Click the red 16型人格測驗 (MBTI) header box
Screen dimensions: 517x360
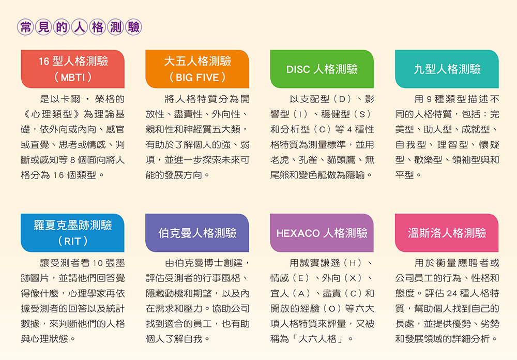tap(72, 69)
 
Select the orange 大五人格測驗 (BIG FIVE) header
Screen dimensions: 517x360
tap(197, 69)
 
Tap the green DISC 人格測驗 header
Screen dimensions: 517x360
tap(322, 69)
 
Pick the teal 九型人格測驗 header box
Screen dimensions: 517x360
tap(447, 69)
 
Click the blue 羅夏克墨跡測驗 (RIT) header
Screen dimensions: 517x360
tap(72, 233)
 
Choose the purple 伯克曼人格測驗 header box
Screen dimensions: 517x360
tap(197, 233)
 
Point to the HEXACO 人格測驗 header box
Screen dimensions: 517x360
tap(322, 233)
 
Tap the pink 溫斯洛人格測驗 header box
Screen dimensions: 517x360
tap(447, 233)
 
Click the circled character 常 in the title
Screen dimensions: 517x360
tap(25, 27)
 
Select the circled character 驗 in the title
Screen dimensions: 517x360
tap(133, 27)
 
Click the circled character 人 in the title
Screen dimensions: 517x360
tap(80, 27)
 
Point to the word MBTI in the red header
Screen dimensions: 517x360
tap(73, 78)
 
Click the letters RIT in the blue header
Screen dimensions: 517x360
tap(72, 242)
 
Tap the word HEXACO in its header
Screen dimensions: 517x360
tap(298, 233)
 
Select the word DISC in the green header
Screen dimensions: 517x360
tap(298, 69)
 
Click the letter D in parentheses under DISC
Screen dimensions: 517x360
tap(342, 99)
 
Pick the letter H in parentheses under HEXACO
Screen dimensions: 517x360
tap(352, 263)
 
